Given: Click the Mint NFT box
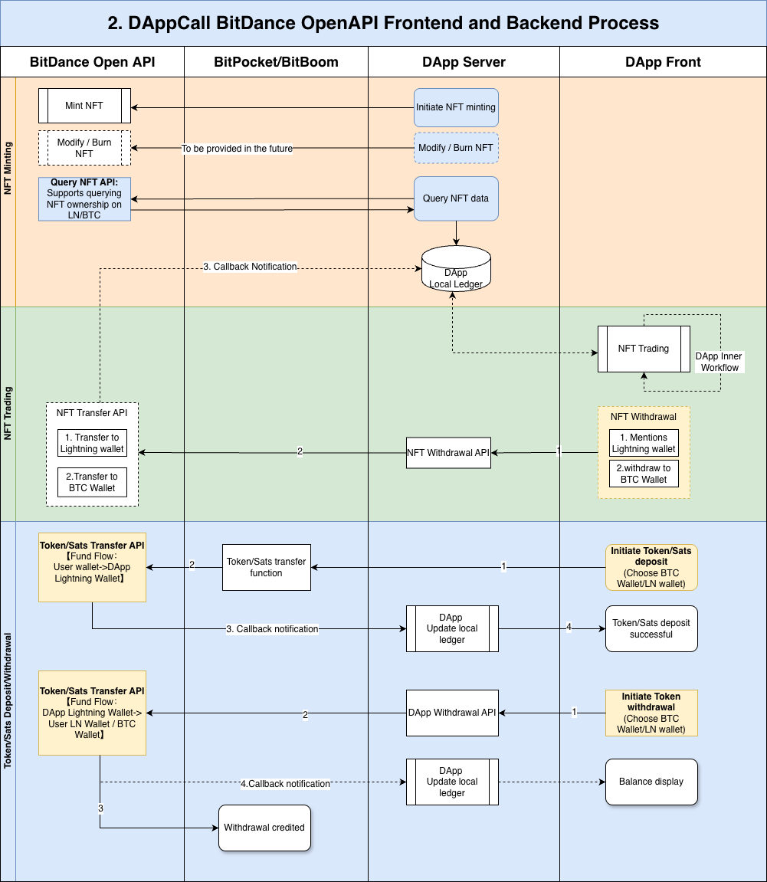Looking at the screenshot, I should tap(84, 106).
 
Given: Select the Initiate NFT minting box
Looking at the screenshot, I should tap(456, 107).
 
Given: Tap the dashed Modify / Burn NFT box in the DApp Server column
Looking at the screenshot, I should tap(456, 148).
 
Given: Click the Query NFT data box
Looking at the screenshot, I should tap(456, 198).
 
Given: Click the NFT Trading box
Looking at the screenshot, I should tap(644, 349).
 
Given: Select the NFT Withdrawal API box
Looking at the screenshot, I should tap(448, 453).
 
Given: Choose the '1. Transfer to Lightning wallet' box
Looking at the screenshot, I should tap(92, 443).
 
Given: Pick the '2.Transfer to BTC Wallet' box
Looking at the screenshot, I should tap(92, 482).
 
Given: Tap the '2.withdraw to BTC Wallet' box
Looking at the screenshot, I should tap(644, 474).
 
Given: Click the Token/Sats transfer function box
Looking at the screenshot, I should tap(267, 567).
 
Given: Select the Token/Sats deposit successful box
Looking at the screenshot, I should tap(651, 629).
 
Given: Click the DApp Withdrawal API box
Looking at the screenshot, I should tap(452, 713).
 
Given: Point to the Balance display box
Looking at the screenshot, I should tap(651, 782).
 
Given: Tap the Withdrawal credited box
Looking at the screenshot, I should tap(264, 828).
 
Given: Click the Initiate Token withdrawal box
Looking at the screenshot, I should tap(651, 713).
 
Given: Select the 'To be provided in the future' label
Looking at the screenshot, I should tap(237, 149).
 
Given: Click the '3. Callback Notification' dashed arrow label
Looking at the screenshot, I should tap(250, 267).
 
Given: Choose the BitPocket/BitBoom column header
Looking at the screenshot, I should tap(276, 62).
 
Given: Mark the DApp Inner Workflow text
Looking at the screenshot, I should tap(719, 362).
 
